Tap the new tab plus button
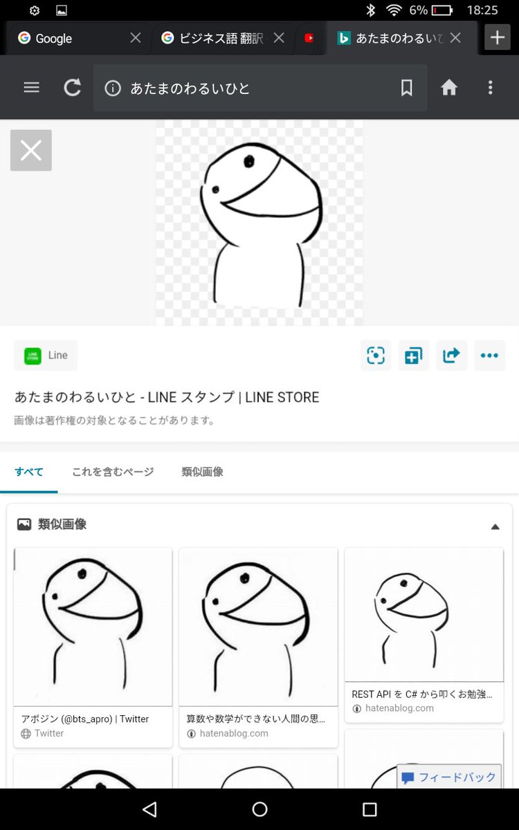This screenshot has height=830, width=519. (x=497, y=37)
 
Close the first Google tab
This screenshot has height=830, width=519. (x=136, y=38)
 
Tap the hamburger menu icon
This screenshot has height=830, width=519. (x=31, y=88)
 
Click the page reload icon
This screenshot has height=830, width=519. (x=72, y=88)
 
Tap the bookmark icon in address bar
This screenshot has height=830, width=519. (x=407, y=88)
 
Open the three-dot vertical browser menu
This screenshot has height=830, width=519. (x=490, y=88)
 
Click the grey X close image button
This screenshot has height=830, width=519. (x=31, y=150)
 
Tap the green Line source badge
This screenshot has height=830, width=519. (x=46, y=356)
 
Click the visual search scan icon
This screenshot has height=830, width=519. (x=376, y=356)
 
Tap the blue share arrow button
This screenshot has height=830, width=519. (x=451, y=356)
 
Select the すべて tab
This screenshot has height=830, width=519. (x=29, y=472)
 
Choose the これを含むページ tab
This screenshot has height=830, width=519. (x=113, y=472)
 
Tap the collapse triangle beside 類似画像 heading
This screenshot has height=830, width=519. (x=495, y=526)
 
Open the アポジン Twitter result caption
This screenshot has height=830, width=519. (x=85, y=719)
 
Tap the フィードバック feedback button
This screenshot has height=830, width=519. (x=449, y=777)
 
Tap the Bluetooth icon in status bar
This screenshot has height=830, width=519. (x=371, y=10)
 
